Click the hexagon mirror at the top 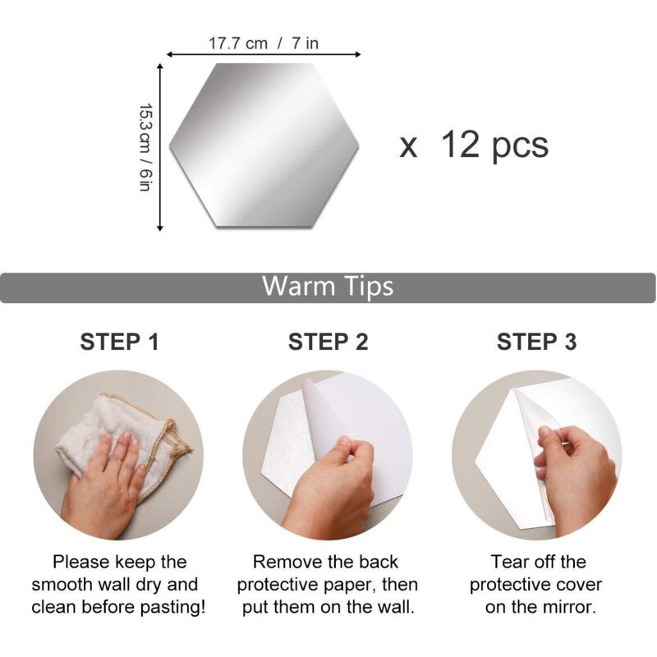[x=264, y=145]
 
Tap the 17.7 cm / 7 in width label [x=264, y=44]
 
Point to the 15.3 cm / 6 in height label [x=145, y=148]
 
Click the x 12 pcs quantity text [x=474, y=145]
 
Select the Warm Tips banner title [x=328, y=286]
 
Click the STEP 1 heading [x=120, y=342]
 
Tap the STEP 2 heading [x=328, y=342]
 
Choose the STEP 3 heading [x=537, y=342]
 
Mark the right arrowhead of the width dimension [x=357, y=54]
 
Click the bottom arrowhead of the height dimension [x=159, y=227]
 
